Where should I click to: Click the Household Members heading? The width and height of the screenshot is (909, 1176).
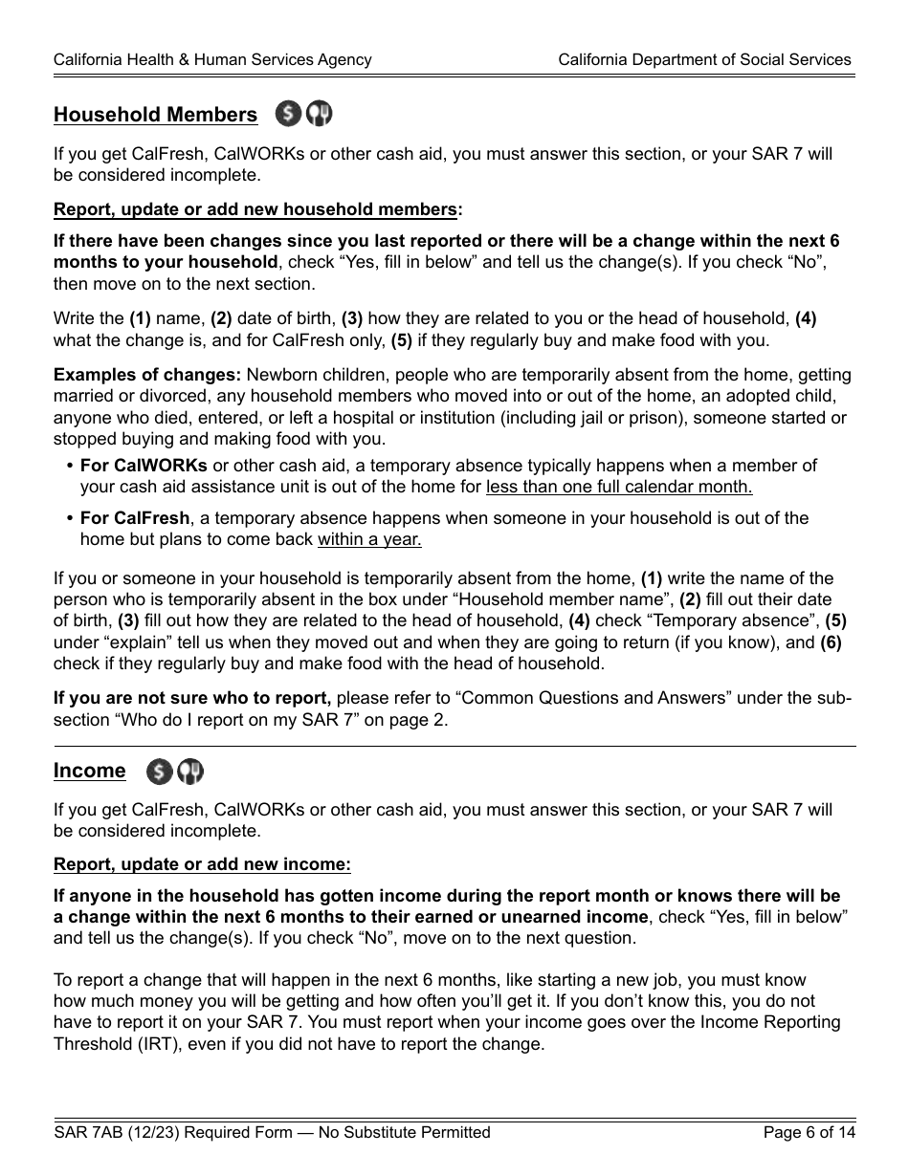click(x=155, y=115)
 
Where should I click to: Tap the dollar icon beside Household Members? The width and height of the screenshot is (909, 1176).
click(x=288, y=115)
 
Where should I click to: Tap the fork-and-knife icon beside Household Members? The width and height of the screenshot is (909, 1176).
click(x=319, y=115)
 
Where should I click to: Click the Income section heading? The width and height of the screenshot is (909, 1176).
click(x=89, y=771)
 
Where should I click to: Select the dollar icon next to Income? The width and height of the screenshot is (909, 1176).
click(x=160, y=772)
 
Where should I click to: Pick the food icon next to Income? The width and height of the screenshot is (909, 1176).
click(x=190, y=772)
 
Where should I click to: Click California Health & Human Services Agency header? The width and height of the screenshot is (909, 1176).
click(x=212, y=59)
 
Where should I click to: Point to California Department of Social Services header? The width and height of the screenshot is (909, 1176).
click(x=704, y=59)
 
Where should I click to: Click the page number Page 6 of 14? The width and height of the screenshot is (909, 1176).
click(x=809, y=1133)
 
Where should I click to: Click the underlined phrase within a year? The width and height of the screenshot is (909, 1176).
click(x=369, y=539)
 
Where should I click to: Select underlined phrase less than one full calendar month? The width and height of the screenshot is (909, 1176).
click(x=618, y=487)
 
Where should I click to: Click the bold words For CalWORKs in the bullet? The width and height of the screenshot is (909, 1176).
click(x=144, y=466)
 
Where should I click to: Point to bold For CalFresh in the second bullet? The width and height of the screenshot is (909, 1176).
click(x=135, y=518)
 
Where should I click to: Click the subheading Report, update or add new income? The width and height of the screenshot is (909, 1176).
click(x=202, y=864)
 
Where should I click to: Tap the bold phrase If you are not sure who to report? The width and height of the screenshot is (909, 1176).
click(x=192, y=698)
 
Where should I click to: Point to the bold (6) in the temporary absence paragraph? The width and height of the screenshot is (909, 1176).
click(x=830, y=642)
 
